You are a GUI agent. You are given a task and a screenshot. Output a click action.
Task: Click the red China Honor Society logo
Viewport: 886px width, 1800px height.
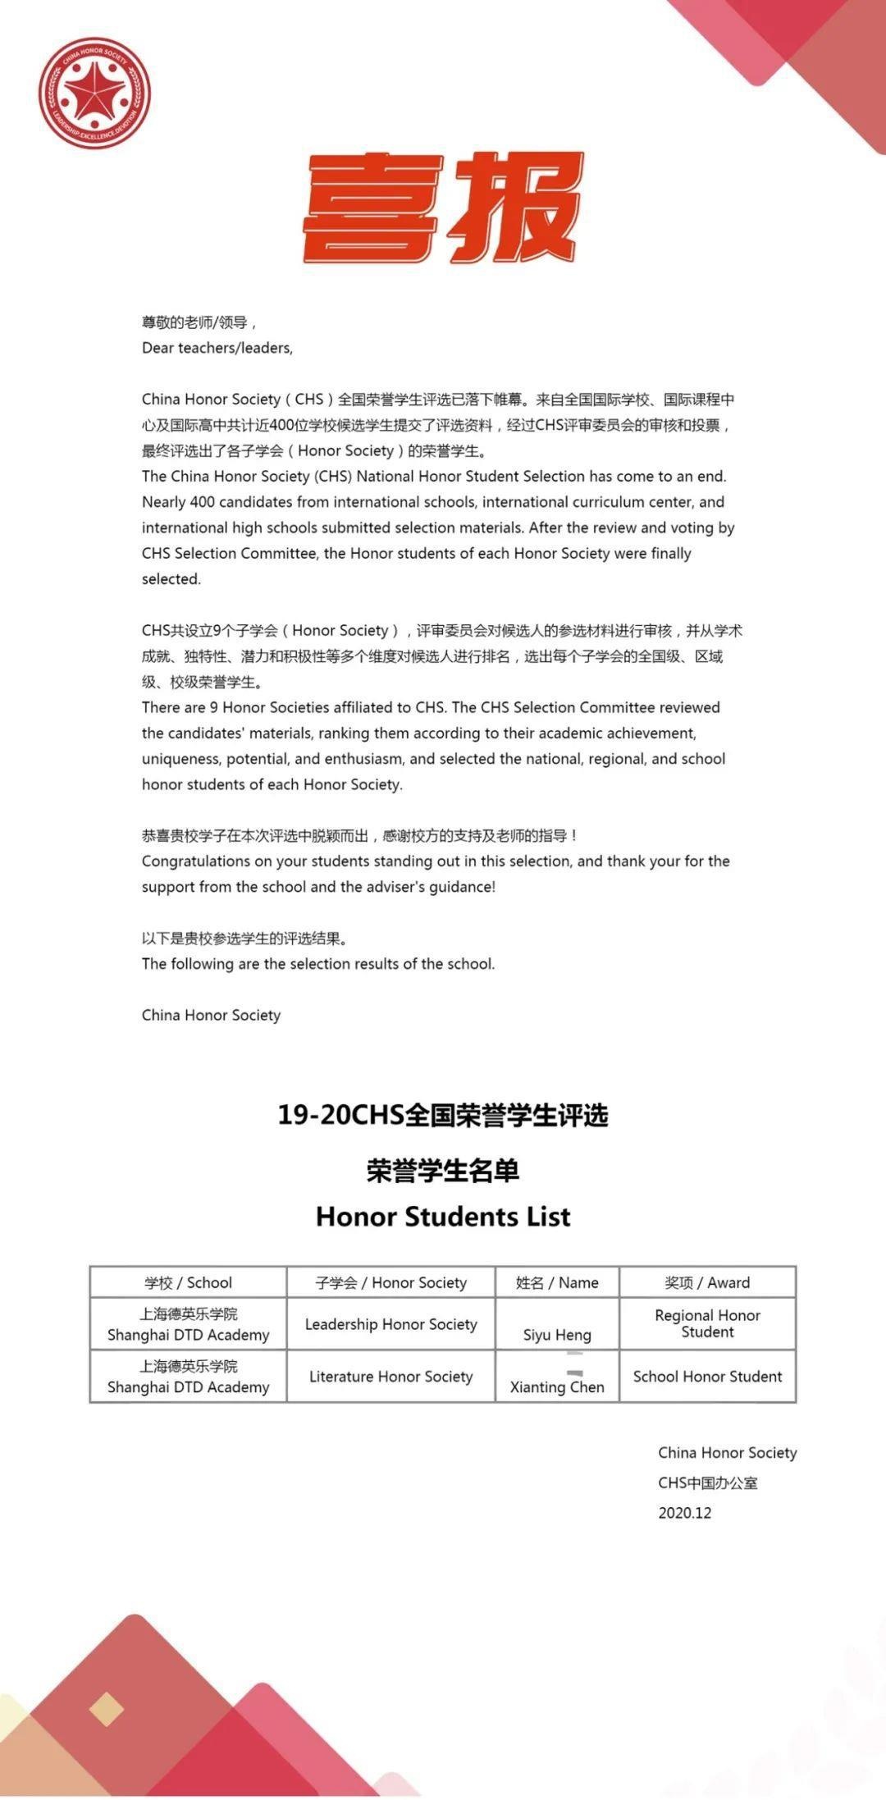coord(94,93)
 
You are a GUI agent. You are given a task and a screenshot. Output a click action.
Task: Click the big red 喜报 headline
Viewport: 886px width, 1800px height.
coord(443,208)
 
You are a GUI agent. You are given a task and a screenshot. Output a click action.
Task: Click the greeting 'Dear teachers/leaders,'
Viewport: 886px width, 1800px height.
coord(217,348)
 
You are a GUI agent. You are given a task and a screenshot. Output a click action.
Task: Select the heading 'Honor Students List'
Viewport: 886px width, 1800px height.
coord(443,1216)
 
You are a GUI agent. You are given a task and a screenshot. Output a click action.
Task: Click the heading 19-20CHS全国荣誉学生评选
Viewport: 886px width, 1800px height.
coord(443,1116)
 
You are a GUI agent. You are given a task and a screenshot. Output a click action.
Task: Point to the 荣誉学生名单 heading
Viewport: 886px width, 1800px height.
coord(443,1170)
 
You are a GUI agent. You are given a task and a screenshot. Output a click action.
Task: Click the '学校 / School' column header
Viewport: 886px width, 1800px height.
coord(188,1282)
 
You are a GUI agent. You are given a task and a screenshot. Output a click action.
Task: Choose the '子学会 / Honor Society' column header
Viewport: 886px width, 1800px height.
coord(390,1282)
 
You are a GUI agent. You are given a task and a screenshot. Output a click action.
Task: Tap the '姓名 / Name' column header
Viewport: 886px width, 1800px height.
coord(557,1282)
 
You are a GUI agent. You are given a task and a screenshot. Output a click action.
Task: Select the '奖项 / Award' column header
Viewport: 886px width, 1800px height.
coord(707,1282)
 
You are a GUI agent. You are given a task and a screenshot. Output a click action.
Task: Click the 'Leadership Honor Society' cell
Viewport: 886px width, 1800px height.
coord(390,1324)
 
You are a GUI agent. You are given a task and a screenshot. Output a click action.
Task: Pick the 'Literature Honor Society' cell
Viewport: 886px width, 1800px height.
coord(390,1377)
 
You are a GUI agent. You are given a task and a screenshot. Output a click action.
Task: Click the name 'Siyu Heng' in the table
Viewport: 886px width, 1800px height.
coord(557,1335)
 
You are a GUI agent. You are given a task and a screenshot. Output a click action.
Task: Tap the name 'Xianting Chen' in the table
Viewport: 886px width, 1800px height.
coord(557,1387)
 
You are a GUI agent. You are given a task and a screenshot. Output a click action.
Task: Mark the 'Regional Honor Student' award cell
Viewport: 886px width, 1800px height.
coord(707,1323)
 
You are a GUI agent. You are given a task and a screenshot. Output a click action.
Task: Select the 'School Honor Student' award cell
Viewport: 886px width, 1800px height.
coord(707,1377)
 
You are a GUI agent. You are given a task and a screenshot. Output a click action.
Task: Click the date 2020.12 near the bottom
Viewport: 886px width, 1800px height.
coord(685,1513)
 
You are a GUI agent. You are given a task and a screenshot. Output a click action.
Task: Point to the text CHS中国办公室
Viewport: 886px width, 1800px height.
coord(708,1482)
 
